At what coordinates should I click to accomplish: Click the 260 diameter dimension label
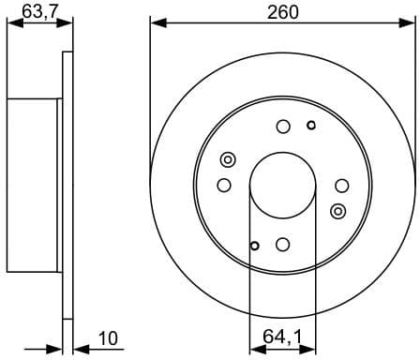coord(282,12)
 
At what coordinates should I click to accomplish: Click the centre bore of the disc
coord(282,185)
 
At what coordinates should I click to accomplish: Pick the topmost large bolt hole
coord(283,127)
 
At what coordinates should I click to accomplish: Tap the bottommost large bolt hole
coord(283,244)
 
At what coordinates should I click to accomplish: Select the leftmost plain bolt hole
coord(224,185)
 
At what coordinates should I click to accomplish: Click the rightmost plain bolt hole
coord(341,185)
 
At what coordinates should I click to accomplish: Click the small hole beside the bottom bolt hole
coord(254,247)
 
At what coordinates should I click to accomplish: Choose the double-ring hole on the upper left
coord(227,160)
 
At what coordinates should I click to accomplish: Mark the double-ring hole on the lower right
coord(338,210)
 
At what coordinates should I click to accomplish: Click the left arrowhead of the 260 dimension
coord(156,22)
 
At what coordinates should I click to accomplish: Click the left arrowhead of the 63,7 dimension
coord(11,25)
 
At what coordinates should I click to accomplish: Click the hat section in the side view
coord(34,185)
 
